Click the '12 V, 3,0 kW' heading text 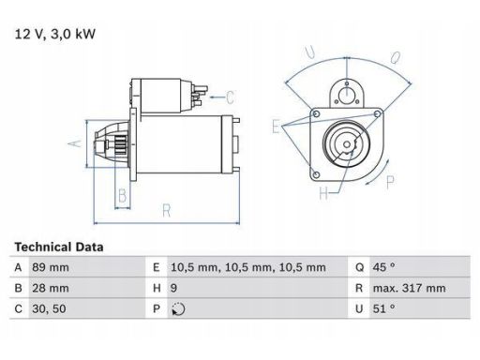point(55,34)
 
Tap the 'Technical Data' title point(59,247)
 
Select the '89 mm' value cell point(51,267)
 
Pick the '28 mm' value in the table point(51,288)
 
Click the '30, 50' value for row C point(49,308)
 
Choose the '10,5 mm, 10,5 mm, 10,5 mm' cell point(248,267)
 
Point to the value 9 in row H point(173,288)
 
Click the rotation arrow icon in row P point(178,309)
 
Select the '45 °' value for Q point(383,267)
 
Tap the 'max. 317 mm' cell point(409,288)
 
